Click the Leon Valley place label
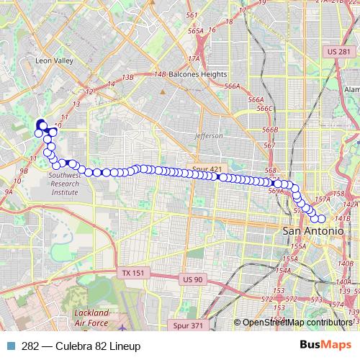[x=55, y=61]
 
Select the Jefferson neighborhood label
[x=208, y=135]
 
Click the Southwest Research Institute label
[x=64, y=184]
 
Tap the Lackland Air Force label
[x=91, y=318]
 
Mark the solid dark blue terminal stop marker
[x=40, y=124]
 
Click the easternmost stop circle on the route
[x=321, y=218]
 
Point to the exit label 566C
[x=266, y=108]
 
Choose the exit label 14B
[x=160, y=74]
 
